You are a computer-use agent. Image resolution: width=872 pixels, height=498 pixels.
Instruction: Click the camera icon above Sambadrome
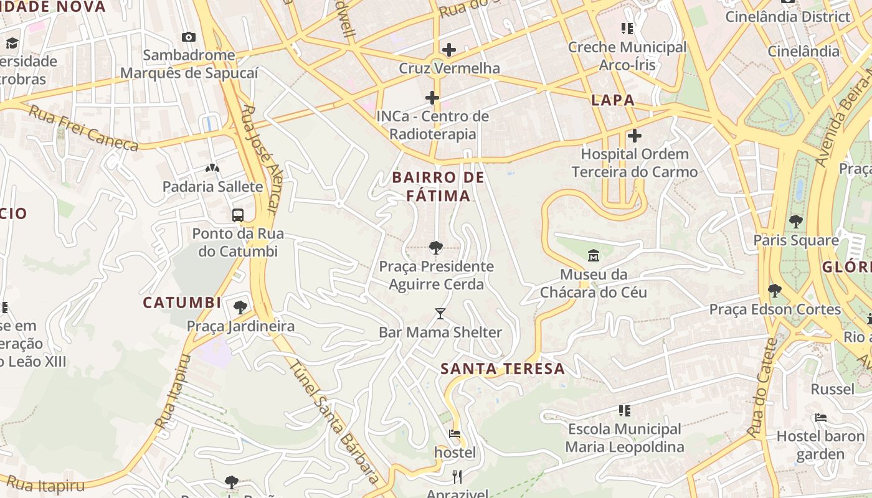point(188,37)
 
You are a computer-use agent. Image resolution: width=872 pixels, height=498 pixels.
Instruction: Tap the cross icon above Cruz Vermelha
point(448,50)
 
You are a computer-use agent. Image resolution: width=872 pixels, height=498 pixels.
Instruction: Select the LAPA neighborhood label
point(613,100)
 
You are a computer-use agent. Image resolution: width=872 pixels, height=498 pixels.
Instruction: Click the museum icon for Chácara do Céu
point(593,256)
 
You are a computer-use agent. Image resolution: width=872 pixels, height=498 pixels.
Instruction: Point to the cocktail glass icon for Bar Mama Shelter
point(440,314)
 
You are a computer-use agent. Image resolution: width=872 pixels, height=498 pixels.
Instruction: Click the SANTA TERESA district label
point(503,369)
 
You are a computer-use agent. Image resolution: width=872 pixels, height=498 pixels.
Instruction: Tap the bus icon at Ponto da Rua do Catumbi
point(237,215)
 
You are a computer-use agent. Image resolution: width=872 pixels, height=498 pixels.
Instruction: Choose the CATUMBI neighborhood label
point(182,303)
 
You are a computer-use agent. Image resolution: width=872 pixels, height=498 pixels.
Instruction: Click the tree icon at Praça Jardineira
point(240,307)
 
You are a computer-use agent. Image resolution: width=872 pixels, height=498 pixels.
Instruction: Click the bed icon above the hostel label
point(455,434)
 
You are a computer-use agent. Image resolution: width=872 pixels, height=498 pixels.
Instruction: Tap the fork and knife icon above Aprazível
point(457,477)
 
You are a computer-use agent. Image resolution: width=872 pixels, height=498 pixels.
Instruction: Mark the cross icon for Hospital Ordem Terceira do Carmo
point(634,136)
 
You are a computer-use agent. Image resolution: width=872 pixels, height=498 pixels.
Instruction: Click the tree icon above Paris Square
point(795,221)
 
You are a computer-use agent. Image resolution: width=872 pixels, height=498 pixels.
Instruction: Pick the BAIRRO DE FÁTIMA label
point(438,187)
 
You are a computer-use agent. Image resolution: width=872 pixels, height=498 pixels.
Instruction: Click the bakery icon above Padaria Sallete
point(212,168)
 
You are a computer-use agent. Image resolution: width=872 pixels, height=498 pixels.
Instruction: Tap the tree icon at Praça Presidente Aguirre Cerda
point(436,248)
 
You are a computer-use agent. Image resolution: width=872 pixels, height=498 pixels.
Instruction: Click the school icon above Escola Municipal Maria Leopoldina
point(625,410)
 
